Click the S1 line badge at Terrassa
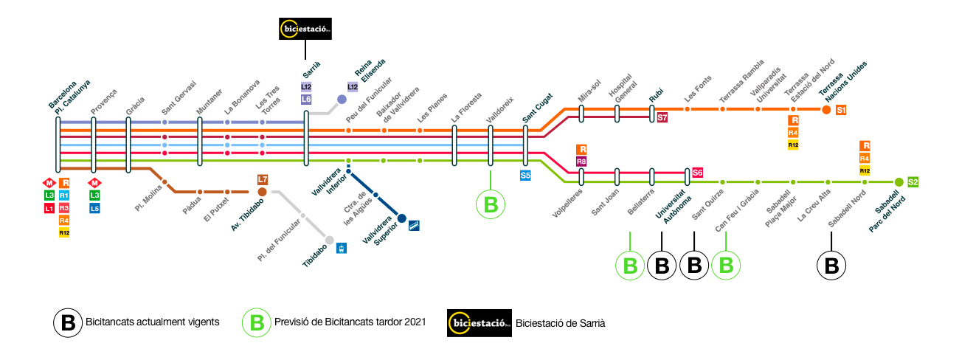click(x=841, y=110)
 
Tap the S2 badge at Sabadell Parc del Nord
click(x=913, y=181)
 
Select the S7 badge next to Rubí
click(x=662, y=117)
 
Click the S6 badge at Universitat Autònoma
click(x=697, y=173)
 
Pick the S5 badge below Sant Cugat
click(x=525, y=176)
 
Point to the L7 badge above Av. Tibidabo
click(x=263, y=179)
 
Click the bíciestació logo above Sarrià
click(x=305, y=29)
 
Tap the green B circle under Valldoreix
click(x=490, y=204)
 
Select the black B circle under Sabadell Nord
click(x=831, y=266)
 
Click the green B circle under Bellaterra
click(x=630, y=266)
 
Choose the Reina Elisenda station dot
click(x=342, y=100)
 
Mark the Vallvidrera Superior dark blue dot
click(x=402, y=218)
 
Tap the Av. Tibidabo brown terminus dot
click(x=263, y=192)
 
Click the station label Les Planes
click(x=432, y=108)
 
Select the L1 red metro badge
click(x=49, y=209)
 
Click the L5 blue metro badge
click(x=94, y=209)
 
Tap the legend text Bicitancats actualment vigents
click(x=152, y=322)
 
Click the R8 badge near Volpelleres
click(x=581, y=162)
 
